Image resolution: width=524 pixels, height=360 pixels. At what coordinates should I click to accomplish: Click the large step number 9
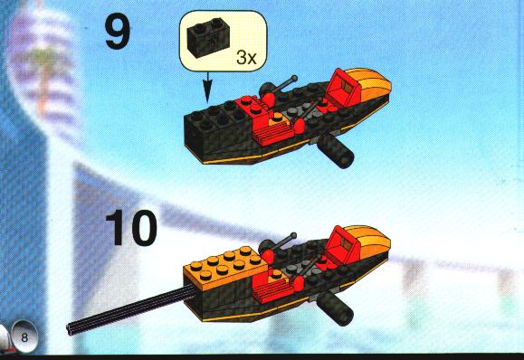[118, 33]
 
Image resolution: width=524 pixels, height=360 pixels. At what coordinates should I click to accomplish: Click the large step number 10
[130, 228]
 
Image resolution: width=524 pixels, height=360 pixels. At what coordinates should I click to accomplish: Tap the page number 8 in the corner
[24, 337]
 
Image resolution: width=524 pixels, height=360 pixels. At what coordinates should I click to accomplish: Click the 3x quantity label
[246, 58]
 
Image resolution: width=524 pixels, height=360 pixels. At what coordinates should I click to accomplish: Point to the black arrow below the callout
[208, 88]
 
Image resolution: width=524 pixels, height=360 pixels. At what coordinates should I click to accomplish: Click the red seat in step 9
[341, 85]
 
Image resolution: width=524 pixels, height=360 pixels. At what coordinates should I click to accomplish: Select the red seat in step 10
[341, 242]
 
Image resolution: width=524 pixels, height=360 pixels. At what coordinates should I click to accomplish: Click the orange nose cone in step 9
[372, 83]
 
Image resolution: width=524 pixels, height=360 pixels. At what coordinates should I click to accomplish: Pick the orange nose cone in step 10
[371, 242]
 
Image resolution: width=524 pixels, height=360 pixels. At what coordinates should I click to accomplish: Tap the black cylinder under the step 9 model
[336, 151]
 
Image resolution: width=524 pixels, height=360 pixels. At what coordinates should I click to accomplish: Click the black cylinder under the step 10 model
[335, 308]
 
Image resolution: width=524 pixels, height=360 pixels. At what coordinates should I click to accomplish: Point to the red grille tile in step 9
[273, 134]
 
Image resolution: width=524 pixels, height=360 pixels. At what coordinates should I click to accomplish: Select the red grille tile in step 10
[272, 290]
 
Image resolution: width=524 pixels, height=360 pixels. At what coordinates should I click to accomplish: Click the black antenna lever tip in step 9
[294, 78]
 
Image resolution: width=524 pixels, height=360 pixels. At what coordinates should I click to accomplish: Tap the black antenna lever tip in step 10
[294, 235]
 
